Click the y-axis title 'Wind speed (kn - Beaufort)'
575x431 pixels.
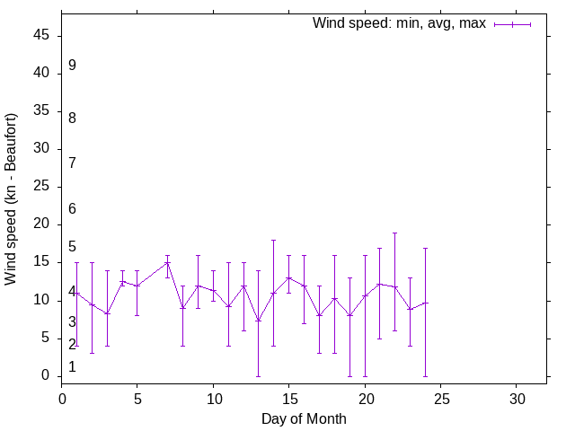click(11, 199)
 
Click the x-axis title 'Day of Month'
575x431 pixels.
click(304, 418)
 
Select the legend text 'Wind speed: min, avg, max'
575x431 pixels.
click(399, 23)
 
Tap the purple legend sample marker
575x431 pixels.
click(512, 24)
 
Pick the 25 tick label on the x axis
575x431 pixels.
click(440, 397)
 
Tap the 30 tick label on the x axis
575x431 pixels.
click(517, 397)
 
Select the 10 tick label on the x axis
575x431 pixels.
click(213, 397)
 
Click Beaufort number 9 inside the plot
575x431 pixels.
click(72, 66)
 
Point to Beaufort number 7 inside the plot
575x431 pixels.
click(72, 163)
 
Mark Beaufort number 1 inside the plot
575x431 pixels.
click(72, 367)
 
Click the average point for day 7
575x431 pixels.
click(168, 263)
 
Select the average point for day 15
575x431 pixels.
click(289, 277)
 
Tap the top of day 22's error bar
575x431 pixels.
click(395, 233)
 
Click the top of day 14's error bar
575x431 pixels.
click(274, 240)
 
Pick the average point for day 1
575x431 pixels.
click(77, 293)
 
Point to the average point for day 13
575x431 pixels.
click(259, 321)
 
